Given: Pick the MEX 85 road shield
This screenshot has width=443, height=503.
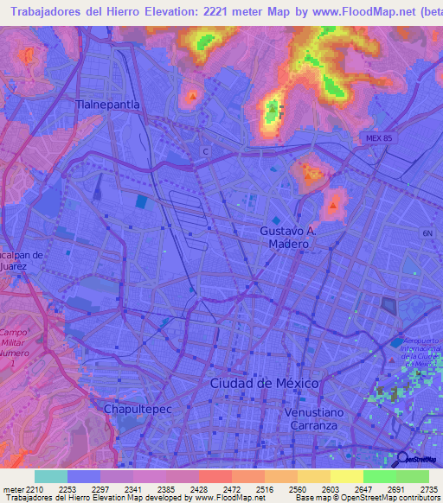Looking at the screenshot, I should (x=378, y=137).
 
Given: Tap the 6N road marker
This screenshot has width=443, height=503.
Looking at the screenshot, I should (x=427, y=233).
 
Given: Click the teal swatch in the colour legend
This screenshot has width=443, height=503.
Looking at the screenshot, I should (x=50, y=476).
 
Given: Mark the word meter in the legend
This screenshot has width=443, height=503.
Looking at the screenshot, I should (x=13, y=488).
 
